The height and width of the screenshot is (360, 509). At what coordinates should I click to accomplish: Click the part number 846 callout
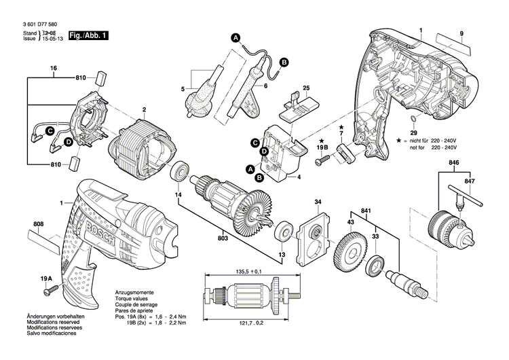coord(453,163)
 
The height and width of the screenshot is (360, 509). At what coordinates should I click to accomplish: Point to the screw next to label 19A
coord(49,291)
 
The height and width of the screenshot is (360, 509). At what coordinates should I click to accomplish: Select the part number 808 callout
coord(38,223)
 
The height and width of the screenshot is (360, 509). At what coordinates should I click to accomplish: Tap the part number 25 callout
coord(306,88)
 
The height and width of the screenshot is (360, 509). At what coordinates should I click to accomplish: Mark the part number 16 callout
coord(54,69)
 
